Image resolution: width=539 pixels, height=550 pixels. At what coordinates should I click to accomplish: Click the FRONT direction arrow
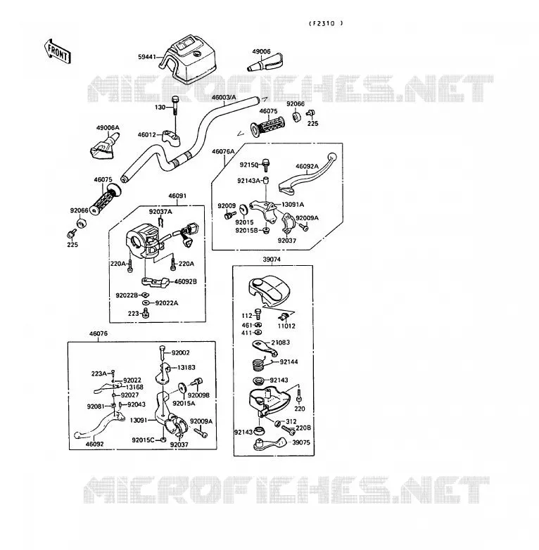tap(58, 52)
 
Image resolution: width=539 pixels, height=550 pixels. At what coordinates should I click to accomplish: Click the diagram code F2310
tap(326, 23)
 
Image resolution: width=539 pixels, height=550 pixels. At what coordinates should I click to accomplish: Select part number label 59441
tap(146, 56)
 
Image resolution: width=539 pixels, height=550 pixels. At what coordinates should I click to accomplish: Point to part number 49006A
tap(108, 128)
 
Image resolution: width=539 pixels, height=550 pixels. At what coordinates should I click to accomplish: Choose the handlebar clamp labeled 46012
tap(172, 137)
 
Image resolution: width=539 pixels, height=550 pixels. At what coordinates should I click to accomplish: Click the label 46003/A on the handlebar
tap(224, 97)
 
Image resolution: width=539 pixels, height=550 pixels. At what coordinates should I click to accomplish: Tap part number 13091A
tap(293, 205)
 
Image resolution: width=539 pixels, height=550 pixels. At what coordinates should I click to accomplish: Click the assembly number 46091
tap(177, 196)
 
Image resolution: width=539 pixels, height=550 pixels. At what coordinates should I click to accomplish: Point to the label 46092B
tap(186, 281)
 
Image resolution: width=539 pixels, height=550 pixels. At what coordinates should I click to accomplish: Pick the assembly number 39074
tap(272, 260)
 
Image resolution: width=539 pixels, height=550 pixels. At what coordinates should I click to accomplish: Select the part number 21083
tap(280, 343)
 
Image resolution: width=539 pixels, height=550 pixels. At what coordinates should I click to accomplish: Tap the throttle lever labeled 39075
tap(270, 444)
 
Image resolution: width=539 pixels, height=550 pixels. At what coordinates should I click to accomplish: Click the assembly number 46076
tap(99, 333)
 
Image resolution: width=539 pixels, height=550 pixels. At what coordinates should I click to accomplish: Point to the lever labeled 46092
tap(99, 425)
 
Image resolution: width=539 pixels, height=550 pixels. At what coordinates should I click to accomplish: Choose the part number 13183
tap(186, 367)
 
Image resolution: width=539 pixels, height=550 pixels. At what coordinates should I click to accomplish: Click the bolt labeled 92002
tap(162, 352)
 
